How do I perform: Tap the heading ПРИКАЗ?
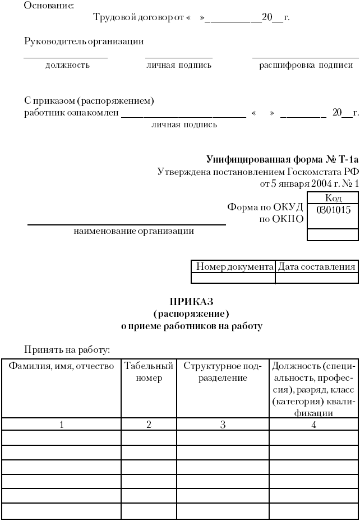tap(192, 302)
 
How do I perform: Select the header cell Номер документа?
tap(233, 267)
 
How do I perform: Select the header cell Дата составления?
tap(317, 267)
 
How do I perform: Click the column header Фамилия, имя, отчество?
tap(61, 366)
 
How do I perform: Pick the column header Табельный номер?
tap(149, 372)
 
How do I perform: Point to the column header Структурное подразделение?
tap(223, 372)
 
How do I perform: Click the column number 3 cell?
tap(223, 425)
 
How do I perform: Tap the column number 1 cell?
tap(61, 425)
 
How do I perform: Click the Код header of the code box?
tap(333, 198)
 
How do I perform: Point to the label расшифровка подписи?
tap(305, 65)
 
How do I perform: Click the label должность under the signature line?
tap(67, 65)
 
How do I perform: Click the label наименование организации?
tap(134, 230)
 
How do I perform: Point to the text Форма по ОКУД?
tap(265, 207)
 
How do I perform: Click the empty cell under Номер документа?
tap(233, 278)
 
